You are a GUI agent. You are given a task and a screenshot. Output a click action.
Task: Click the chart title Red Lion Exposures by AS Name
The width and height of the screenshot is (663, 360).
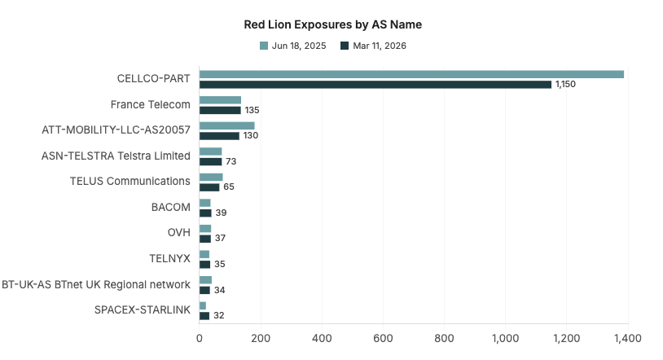(333, 24)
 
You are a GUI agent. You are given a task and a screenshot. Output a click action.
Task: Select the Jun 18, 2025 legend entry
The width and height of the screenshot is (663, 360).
(292, 46)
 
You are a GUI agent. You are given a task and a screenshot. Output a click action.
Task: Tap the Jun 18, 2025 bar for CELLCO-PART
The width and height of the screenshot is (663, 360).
(411, 74)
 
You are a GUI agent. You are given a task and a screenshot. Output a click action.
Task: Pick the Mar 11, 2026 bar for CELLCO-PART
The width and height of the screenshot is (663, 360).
(375, 85)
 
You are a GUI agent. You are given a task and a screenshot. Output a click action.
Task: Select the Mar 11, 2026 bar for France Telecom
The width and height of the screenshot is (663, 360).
(220, 110)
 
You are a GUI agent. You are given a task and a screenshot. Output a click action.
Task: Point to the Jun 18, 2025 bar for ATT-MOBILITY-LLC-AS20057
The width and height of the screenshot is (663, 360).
(226, 125)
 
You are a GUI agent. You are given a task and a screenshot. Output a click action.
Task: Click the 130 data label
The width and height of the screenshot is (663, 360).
(251, 136)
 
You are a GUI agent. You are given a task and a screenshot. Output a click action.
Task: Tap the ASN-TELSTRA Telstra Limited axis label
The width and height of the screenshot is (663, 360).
(116, 156)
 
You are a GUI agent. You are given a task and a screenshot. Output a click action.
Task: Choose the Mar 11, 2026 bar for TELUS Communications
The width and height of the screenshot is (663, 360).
(209, 187)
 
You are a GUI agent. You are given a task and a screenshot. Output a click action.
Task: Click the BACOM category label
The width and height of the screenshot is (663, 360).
(171, 207)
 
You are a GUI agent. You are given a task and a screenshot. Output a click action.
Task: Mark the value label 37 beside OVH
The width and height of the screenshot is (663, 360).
(220, 238)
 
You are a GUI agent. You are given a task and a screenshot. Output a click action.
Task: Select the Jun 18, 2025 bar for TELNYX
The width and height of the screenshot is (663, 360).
(204, 254)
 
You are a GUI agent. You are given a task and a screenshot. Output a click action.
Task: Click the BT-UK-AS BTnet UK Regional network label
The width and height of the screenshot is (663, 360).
(96, 284)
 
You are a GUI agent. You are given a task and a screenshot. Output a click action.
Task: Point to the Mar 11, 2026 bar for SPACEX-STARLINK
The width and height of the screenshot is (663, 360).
(204, 315)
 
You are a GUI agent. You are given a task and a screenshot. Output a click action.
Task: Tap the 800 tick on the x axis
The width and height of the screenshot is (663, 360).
(444, 337)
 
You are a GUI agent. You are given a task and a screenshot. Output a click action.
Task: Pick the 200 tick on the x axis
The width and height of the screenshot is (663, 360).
(261, 337)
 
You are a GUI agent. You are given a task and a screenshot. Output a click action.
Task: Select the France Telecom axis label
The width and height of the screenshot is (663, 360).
(150, 104)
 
